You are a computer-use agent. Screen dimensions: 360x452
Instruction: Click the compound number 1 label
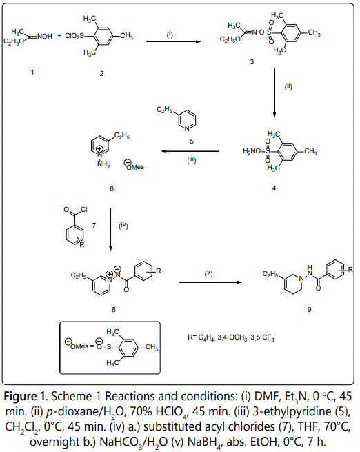point(32,72)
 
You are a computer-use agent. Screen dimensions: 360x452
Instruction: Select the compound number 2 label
point(101,74)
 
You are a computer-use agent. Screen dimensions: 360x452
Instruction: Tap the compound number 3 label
point(252,61)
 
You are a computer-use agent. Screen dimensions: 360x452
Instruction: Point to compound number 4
point(274,188)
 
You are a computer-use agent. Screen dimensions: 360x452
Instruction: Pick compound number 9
point(309,310)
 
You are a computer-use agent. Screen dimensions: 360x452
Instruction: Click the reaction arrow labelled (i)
point(173,42)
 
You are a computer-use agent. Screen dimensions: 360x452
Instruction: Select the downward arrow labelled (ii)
point(274,93)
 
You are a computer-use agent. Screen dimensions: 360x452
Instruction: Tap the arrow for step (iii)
point(190,151)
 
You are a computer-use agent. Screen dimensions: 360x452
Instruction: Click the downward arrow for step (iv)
point(110,230)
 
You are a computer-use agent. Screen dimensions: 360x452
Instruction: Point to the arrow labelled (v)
point(210,282)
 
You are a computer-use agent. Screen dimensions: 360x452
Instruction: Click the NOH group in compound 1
point(45,37)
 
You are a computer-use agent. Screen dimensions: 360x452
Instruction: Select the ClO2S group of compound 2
point(74,36)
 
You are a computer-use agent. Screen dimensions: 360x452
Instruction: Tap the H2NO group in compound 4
point(252,150)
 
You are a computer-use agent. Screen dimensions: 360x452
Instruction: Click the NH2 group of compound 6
point(103,164)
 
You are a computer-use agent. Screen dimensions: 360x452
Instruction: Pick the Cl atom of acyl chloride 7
point(84,210)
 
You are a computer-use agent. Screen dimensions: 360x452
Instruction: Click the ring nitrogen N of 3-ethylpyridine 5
point(187,129)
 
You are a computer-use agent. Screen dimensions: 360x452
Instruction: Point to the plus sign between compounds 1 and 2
point(59,36)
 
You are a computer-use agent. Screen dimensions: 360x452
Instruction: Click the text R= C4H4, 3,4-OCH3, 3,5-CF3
point(231,337)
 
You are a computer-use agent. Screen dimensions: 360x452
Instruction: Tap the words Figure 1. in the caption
point(26,396)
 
